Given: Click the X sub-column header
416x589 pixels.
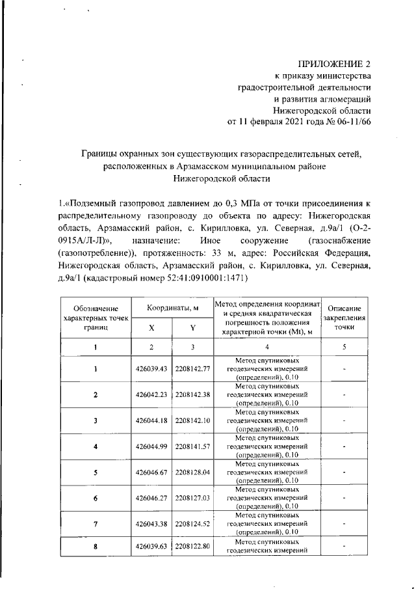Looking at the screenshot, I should pyautogui.click(x=151, y=328).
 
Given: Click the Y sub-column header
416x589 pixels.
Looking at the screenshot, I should pyautogui.click(x=192, y=328).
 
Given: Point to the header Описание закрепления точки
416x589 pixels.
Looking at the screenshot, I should pyautogui.click(x=344, y=318).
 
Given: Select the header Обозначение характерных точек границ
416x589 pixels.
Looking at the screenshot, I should pyautogui.click(x=96, y=318).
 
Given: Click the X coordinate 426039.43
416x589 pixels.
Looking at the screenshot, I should pyautogui.click(x=151, y=369).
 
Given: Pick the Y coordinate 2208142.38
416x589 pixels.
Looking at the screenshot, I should pyautogui.click(x=192, y=394).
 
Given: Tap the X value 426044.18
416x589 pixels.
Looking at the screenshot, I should pyautogui.click(x=151, y=420).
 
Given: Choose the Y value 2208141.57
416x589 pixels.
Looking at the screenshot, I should pyautogui.click(x=192, y=446).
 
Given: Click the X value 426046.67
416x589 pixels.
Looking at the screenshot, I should pyautogui.click(x=151, y=472).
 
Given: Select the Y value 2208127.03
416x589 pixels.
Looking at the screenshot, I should pyautogui.click(x=192, y=497).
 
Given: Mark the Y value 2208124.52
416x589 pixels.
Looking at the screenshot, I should pyautogui.click(x=192, y=523).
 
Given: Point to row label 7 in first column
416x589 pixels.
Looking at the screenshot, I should pyautogui.click(x=96, y=523).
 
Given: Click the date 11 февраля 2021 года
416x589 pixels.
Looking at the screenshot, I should pyautogui.click(x=283, y=122).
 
